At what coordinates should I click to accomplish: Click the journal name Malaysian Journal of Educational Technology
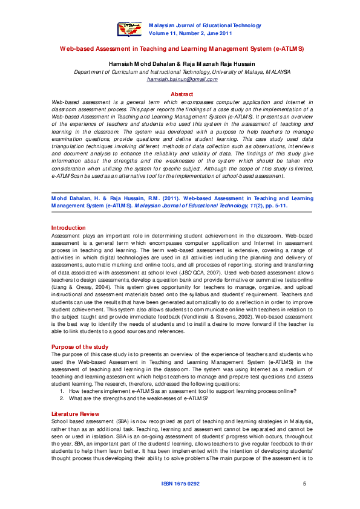[205, 25]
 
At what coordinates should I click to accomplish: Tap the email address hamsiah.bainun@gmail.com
[182, 79]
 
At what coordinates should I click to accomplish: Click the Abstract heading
[182, 94]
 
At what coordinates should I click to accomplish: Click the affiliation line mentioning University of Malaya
[182, 71]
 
